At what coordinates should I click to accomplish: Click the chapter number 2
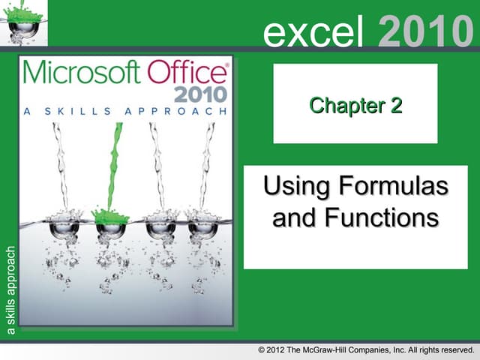tap(394, 106)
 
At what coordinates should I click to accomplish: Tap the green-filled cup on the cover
tap(110, 223)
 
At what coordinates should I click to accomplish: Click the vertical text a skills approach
tap(10, 289)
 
